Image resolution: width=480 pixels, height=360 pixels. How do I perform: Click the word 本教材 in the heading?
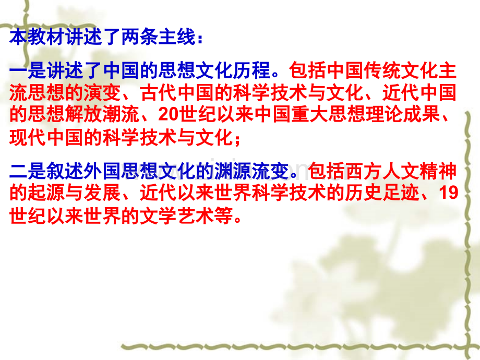pyautogui.click(x=37, y=37)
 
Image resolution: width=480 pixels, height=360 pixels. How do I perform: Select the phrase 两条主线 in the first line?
pyautogui.click(x=159, y=37)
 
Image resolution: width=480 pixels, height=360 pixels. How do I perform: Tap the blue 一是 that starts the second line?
pyautogui.click(x=28, y=70)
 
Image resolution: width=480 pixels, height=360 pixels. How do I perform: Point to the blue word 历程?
pyautogui.click(x=251, y=70)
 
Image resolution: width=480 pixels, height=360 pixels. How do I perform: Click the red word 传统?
pyautogui.click(x=382, y=70)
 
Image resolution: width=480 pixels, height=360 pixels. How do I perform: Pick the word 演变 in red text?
pyautogui.click(x=103, y=93)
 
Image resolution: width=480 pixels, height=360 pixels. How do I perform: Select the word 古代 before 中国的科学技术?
pyautogui.click(x=159, y=93)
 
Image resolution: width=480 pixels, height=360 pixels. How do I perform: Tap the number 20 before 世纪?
pyautogui.click(x=169, y=114)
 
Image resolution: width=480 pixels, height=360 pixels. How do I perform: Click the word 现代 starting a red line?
pyautogui.click(x=28, y=137)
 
